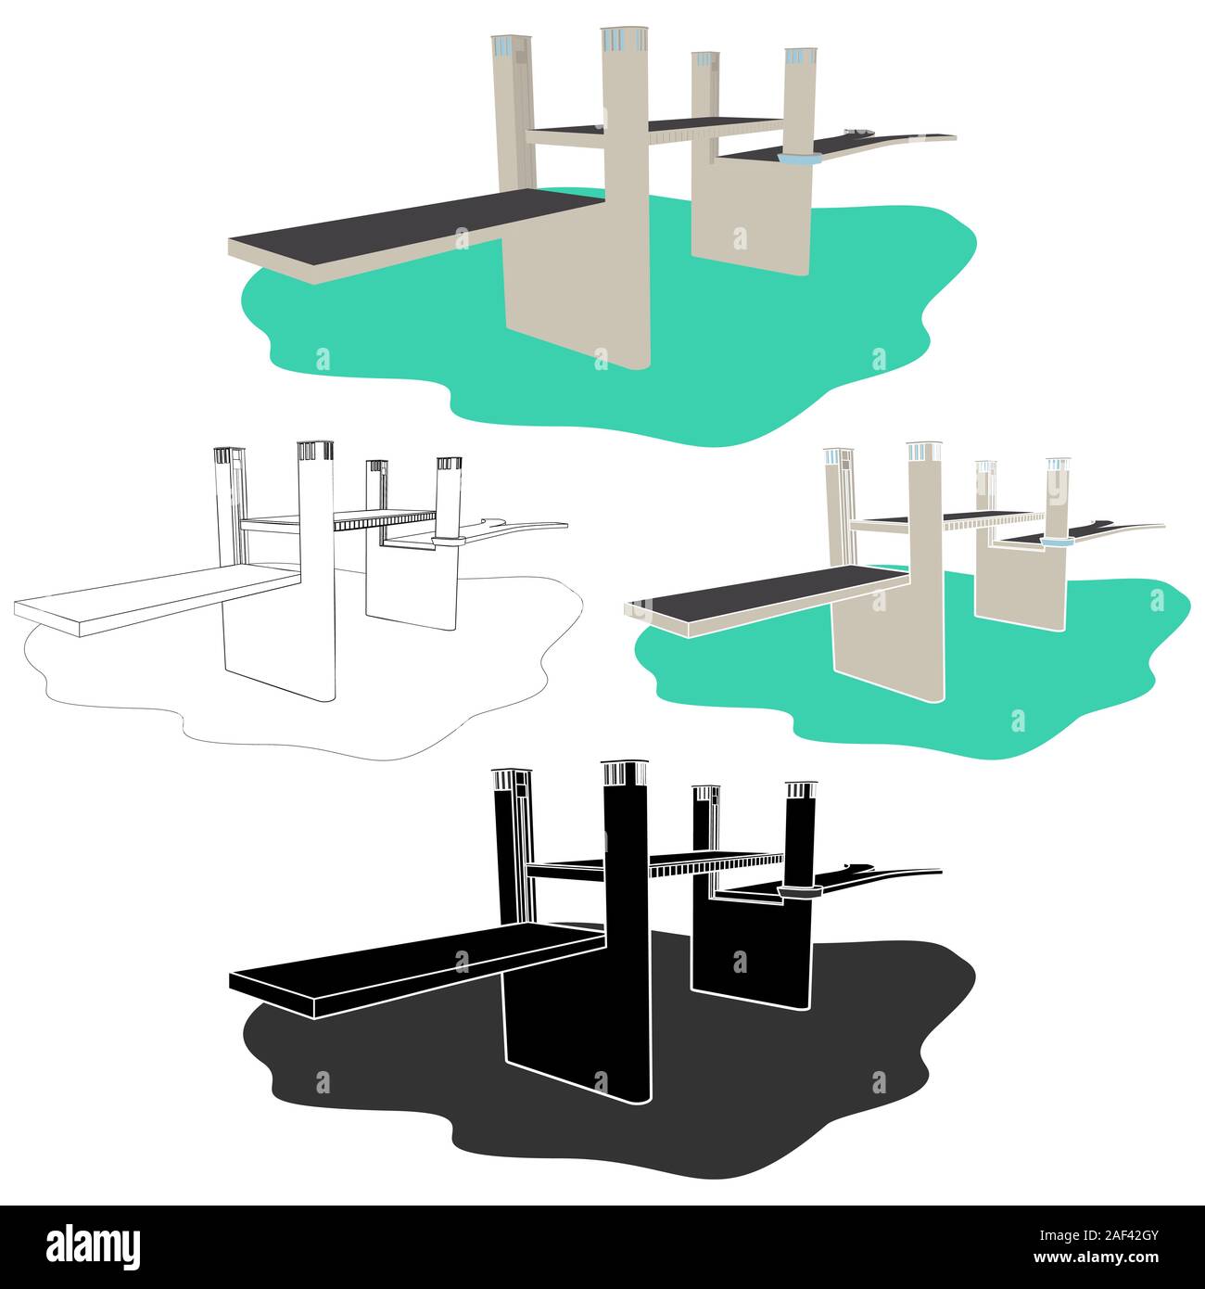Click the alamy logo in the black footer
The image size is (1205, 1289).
[93, 1246]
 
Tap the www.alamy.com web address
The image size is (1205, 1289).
[1096, 1257]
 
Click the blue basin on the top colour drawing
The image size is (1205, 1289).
[799, 159]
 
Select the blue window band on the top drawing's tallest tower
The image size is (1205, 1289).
[624, 40]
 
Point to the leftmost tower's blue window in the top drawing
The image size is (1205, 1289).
[502, 46]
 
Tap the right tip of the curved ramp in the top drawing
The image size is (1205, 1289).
[955, 137]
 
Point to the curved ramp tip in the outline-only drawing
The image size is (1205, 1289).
[565, 525]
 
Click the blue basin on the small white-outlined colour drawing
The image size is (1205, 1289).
[1055, 542]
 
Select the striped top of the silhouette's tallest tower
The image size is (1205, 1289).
[624, 773]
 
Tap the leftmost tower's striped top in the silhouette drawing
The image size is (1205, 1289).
[512, 779]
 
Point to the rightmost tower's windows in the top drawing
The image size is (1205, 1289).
[800, 57]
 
